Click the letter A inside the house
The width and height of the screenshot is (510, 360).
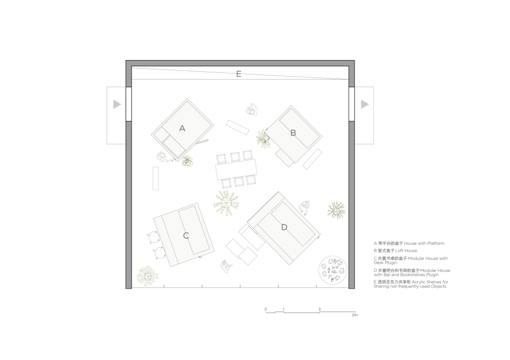182,128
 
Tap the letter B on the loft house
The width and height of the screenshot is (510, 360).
293,133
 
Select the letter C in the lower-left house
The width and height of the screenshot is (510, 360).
186,236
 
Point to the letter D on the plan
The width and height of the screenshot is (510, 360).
284,227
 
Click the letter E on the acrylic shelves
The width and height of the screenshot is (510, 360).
239,74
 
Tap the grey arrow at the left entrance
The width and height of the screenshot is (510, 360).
117,104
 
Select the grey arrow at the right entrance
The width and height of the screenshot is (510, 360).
365,104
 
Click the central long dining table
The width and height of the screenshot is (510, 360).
237,169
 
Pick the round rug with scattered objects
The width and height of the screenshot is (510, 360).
333,270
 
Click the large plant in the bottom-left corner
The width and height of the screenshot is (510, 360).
147,276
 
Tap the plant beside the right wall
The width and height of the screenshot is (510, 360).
336,210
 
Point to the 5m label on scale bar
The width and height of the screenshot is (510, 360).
354,315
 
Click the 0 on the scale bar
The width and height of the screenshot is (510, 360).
266,310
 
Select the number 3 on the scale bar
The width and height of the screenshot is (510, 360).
319,310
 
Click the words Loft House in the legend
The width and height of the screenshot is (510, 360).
406,250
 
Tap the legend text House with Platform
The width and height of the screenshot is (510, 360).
424,243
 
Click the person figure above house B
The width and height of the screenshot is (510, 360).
251,110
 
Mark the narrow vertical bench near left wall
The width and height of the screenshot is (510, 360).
156,178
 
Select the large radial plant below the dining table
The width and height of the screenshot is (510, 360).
226,203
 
